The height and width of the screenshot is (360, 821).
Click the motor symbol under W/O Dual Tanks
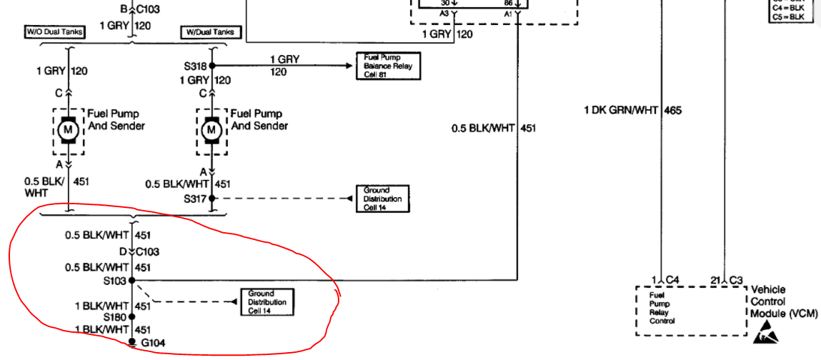[x=69, y=129]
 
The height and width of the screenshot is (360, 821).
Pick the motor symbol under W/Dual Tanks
[x=211, y=129]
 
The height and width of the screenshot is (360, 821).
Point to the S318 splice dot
[x=212, y=65]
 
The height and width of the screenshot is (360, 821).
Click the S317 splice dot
[x=212, y=199]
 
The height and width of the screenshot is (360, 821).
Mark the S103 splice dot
[x=132, y=281]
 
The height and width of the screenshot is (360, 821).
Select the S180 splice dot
[x=132, y=316]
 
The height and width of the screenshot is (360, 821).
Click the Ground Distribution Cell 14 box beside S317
[x=382, y=199]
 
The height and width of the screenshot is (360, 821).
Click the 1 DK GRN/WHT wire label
[x=622, y=110]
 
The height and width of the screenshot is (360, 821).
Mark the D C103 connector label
[x=140, y=251]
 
